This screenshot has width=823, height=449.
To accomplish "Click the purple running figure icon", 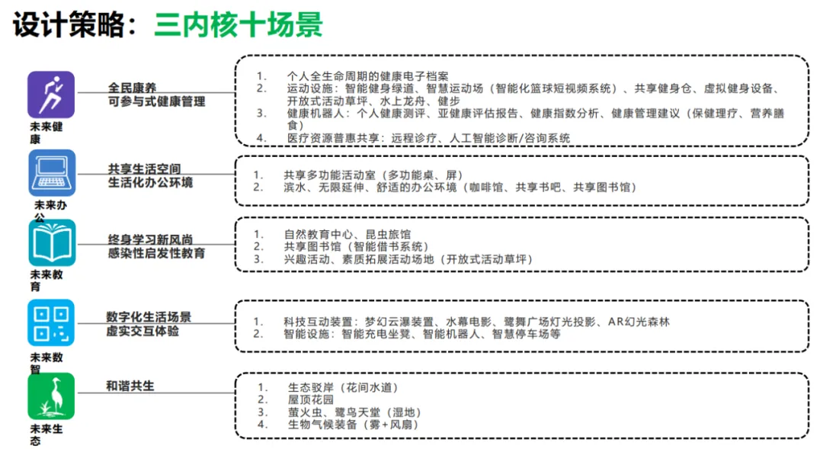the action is click(51, 95).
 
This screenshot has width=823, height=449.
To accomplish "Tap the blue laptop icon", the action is click(51, 173).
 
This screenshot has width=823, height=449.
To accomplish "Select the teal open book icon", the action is click(51, 242).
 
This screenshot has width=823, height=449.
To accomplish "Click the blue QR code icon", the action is click(51, 322).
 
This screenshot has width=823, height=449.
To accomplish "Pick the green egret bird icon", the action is click(51, 396).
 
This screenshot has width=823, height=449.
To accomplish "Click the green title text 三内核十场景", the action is click(239, 25).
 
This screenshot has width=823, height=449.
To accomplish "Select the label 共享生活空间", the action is click(144, 168).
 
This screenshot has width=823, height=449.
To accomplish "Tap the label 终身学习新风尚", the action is click(150, 239).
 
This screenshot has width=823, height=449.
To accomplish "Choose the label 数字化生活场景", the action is click(149, 317).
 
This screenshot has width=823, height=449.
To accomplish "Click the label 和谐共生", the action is click(130, 386).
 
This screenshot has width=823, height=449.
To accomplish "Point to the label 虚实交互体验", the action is click(143, 332).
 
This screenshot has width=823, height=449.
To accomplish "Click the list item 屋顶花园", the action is click(311, 400).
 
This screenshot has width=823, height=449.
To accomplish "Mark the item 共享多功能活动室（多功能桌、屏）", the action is click(373, 175).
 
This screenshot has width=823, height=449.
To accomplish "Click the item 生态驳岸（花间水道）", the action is click(343, 388).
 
